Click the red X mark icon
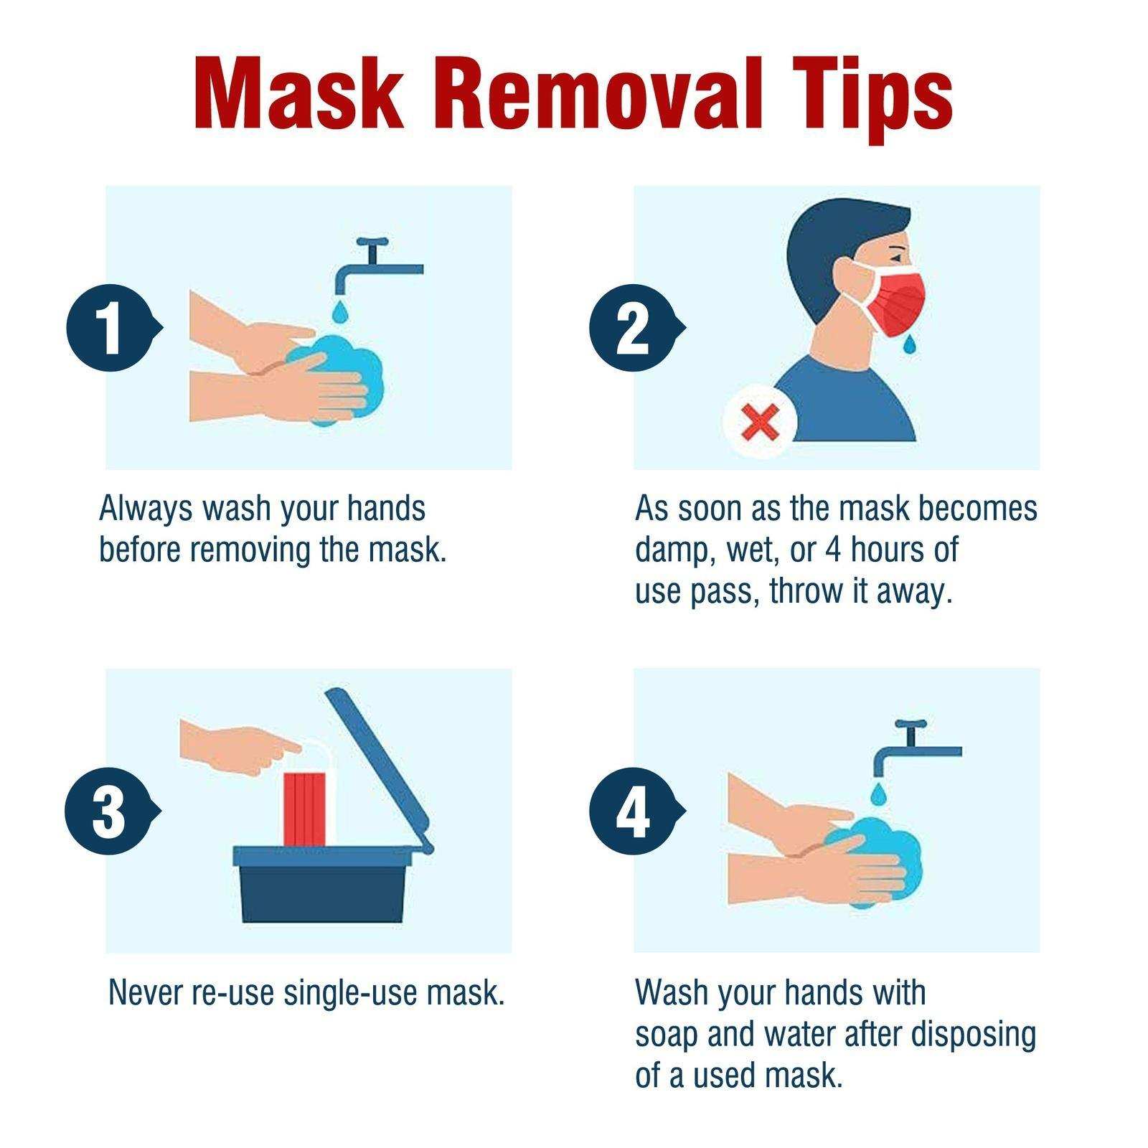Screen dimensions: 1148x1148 coord(759,423)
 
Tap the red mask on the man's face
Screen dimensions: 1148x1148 coord(899,301)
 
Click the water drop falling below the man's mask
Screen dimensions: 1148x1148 coord(910,344)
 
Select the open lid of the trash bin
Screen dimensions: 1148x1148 coord(380,768)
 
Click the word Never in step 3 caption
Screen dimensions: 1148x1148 coord(146,993)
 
